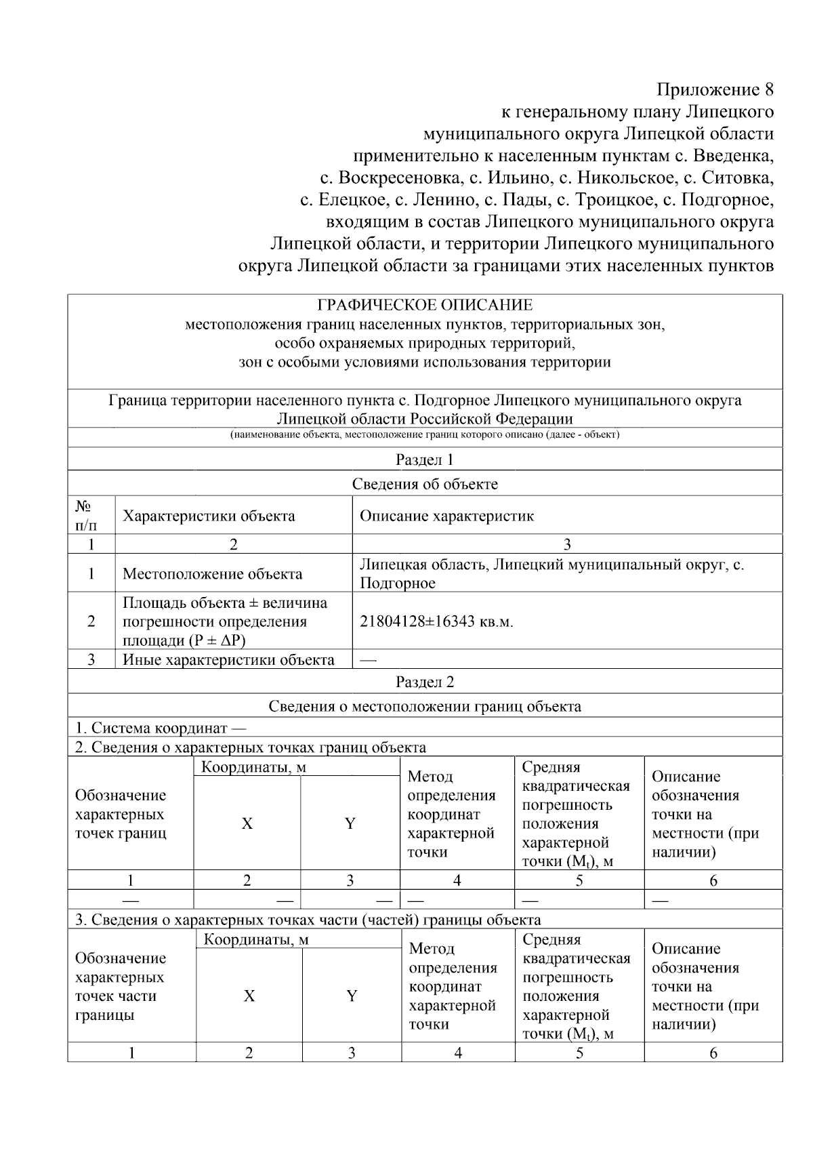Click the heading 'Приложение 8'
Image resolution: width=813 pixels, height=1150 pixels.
click(x=715, y=89)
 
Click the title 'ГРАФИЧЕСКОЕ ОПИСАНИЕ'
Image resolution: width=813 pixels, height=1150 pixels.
click(x=425, y=305)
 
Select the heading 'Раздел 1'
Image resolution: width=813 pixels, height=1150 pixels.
click(x=425, y=459)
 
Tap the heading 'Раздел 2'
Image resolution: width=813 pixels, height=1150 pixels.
click(x=425, y=682)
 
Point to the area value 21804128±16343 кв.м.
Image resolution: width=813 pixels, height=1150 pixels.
click(x=436, y=621)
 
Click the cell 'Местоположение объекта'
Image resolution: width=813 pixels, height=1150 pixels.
click(x=212, y=574)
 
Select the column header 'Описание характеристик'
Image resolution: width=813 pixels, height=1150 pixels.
click(x=446, y=516)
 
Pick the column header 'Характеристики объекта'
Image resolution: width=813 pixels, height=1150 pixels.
click(x=209, y=516)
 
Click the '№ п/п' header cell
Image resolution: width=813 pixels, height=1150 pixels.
click(x=85, y=516)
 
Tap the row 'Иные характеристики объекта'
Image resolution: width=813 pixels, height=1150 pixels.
click(x=228, y=659)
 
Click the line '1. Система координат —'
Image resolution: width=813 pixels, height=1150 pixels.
click(x=161, y=728)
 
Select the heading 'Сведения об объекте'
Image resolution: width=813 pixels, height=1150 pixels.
click(x=425, y=484)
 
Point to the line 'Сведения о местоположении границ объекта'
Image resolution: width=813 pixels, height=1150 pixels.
click(x=425, y=706)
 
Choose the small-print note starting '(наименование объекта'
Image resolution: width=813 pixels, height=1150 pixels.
click(x=425, y=434)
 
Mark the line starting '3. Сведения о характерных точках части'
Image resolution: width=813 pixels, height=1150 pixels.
click(x=308, y=920)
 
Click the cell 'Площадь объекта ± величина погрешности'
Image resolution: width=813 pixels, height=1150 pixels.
click(x=224, y=621)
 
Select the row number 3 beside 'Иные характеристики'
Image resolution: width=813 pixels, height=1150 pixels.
click(x=91, y=659)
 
